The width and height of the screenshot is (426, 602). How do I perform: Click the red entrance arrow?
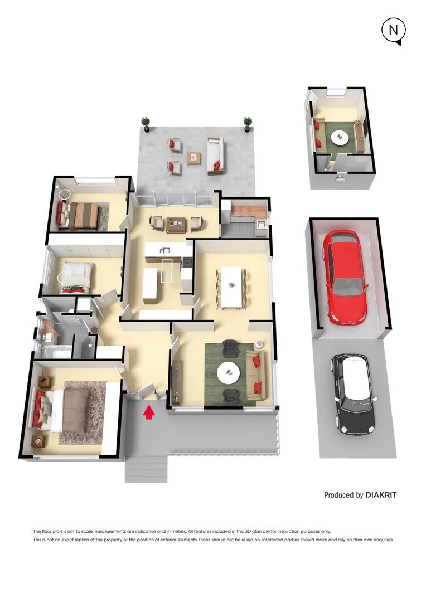149,412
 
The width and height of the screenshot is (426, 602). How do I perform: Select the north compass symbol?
394,31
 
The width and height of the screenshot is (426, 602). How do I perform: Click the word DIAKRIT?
381,495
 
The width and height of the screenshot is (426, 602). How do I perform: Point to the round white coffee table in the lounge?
229,372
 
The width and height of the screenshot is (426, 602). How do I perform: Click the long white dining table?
231,287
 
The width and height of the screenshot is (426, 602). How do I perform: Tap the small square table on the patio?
194,157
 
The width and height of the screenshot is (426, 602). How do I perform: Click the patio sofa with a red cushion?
215,156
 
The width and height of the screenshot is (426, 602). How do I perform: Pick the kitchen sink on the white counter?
165,250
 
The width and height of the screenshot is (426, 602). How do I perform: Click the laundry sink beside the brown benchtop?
262,224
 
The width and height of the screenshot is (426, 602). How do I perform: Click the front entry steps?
146,469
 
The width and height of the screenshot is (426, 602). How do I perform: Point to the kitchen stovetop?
187,262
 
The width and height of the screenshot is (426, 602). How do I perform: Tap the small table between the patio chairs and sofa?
194,157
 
